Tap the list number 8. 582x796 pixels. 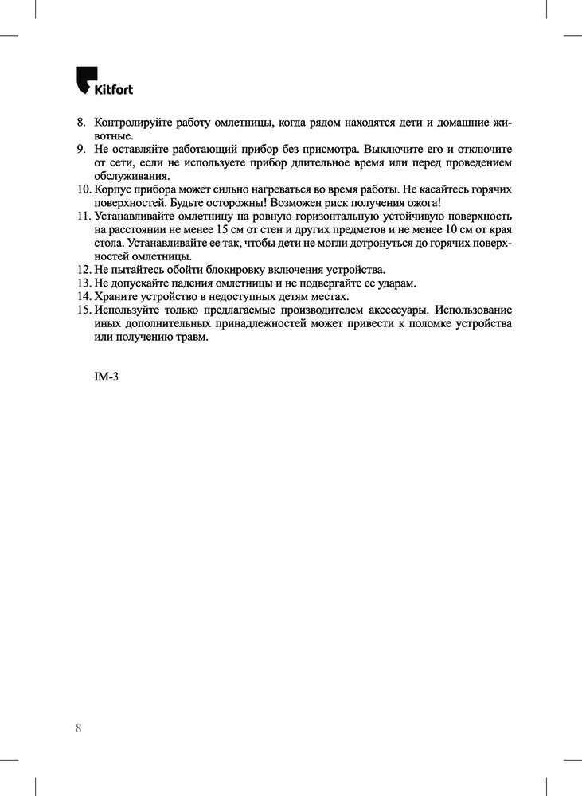(80, 123)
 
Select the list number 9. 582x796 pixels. (80, 150)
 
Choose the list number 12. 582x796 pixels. (83, 270)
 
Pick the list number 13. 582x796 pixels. (83, 283)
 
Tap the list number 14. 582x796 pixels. (83, 296)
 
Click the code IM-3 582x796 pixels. (106, 377)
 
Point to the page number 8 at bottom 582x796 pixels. (79, 728)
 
